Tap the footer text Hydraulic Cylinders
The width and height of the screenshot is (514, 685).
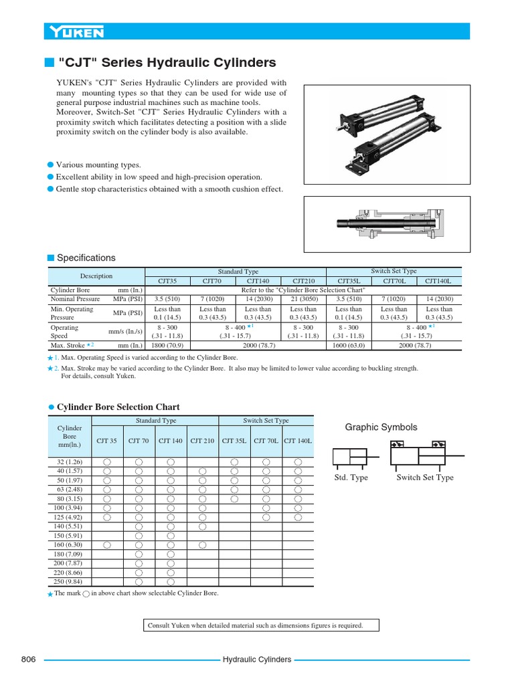[257, 660]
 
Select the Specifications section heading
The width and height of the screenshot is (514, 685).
[86, 258]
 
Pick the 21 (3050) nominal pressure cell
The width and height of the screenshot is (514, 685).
[303, 299]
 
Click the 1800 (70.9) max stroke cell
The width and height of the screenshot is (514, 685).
[167, 346]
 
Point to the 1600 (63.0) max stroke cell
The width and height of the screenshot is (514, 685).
[348, 346]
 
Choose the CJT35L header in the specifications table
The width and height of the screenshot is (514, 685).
[348, 281]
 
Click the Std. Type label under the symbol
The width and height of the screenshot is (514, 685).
[351, 478]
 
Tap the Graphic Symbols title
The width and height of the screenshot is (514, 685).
[381, 427]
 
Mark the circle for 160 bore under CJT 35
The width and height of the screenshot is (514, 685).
[106, 545]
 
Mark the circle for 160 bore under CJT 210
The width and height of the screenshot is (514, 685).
[203, 545]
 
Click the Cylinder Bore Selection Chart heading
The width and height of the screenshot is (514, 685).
[118, 407]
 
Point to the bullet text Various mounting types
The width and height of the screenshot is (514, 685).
[98, 165]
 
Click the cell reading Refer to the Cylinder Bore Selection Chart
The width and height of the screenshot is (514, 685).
[303, 290]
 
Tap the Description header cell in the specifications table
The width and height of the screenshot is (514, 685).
[96, 276]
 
